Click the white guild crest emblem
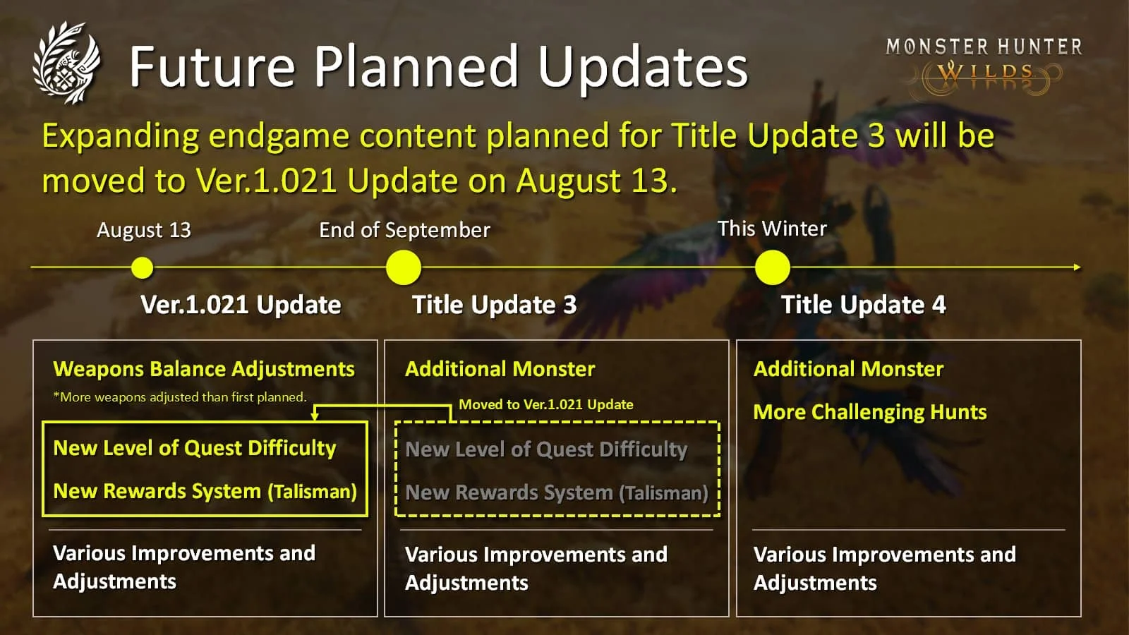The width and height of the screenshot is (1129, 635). (66, 63)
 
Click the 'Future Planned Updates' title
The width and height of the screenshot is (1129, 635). (438, 66)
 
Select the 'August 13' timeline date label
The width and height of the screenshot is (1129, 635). (144, 230)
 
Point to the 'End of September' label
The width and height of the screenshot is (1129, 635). (405, 230)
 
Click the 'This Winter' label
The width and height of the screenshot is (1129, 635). (772, 229)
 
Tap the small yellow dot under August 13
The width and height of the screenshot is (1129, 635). (142, 267)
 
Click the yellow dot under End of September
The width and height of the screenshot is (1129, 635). (403, 267)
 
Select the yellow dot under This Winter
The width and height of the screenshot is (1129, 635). (773, 267)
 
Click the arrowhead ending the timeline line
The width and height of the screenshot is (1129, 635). (1077, 267)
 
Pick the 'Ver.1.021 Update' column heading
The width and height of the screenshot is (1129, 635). (241, 304)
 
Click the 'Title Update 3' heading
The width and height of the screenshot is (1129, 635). (495, 305)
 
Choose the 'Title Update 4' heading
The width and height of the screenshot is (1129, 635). (864, 305)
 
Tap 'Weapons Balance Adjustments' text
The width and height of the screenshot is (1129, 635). (204, 370)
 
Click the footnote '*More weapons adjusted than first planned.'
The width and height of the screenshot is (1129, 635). (180, 397)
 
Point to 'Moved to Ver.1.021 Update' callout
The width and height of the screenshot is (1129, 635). (546, 404)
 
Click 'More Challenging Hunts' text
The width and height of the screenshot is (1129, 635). (870, 412)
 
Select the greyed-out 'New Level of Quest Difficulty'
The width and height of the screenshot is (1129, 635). (546, 449)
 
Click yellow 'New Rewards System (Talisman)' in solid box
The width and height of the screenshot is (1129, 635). (205, 491)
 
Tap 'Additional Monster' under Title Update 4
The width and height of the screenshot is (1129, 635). (849, 369)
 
